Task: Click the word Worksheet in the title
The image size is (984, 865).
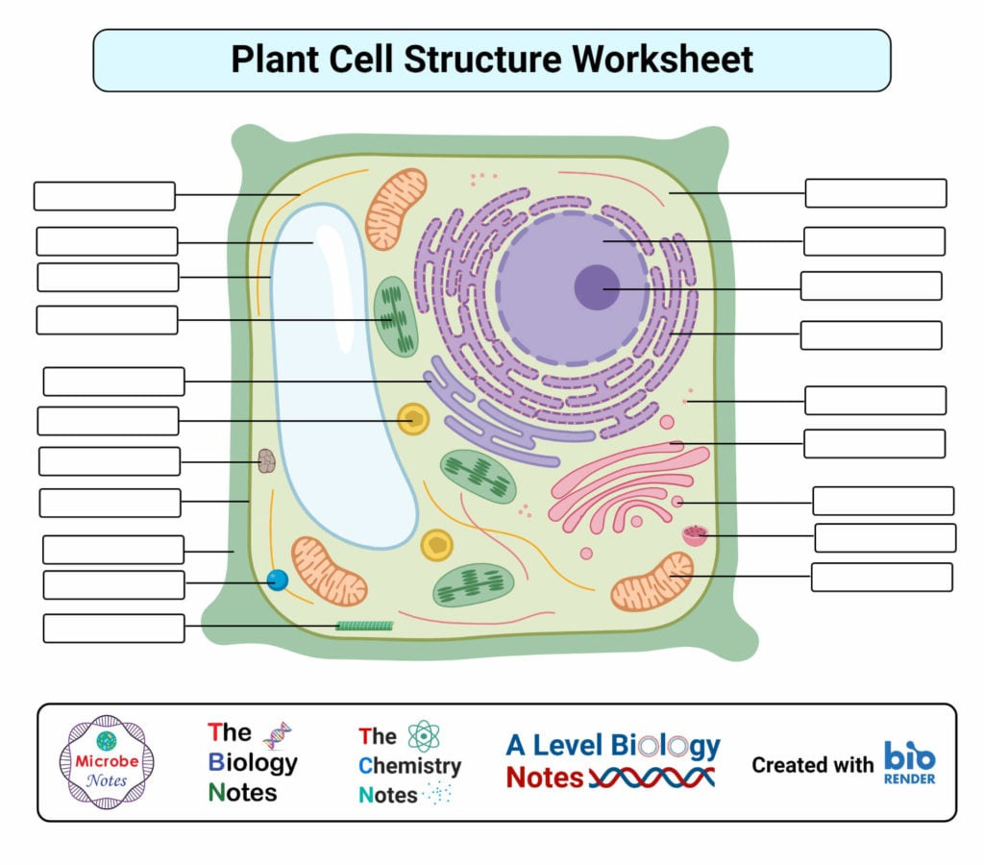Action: point(663,60)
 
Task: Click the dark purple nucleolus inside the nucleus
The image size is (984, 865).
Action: point(597,287)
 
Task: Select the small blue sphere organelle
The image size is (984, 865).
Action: point(278,581)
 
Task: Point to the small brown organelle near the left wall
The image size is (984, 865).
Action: point(266,462)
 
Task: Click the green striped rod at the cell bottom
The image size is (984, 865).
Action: point(364,626)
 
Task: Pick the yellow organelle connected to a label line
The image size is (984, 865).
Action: point(413,419)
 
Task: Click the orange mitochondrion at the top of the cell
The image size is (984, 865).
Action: point(395,208)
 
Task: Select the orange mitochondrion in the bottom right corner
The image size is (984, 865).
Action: point(652,581)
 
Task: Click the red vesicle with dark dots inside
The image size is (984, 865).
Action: point(694,534)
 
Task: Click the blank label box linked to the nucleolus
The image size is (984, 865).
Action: point(871,285)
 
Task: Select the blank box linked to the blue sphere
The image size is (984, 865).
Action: point(113,584)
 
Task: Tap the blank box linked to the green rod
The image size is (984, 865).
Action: point(113,628)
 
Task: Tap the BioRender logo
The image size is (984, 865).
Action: point(909,763)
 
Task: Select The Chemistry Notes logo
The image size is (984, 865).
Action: point(409,764)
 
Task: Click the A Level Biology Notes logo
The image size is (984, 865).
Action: point(612,760)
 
